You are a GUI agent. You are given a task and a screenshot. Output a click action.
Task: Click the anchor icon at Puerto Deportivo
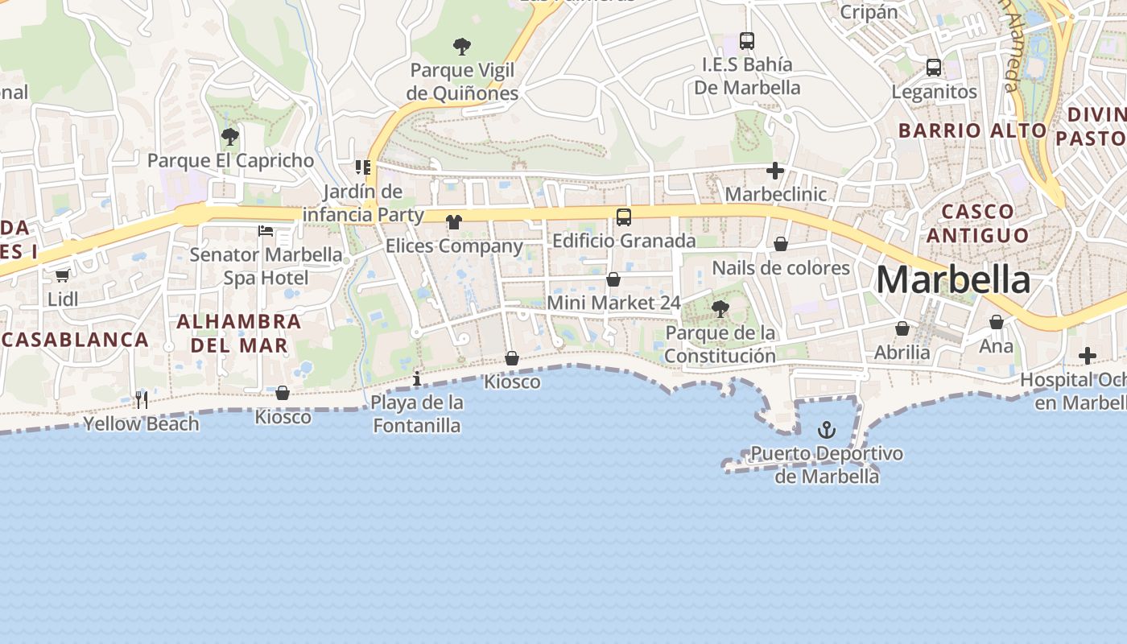point(827,430)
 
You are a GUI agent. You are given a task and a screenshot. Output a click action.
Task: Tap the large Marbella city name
point(952,280)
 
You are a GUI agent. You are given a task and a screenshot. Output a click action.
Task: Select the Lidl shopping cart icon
point(62,276)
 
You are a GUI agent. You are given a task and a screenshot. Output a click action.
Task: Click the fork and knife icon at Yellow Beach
point(142,400)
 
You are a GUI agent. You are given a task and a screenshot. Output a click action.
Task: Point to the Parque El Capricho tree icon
point(230,137)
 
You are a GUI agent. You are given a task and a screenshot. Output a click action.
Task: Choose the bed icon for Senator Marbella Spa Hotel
point(266,232)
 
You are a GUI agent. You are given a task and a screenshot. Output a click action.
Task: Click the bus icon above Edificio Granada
point(624,217)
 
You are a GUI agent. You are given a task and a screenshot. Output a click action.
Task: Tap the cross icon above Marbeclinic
point(775,171)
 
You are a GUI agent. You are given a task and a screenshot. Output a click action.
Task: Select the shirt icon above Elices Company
point(454,222)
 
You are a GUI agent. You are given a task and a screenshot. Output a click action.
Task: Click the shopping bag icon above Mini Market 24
point(613,279)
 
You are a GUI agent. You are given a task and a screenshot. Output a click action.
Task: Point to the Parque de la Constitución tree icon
point(720,308)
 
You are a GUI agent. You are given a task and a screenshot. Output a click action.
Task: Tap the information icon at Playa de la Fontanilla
point(417,378)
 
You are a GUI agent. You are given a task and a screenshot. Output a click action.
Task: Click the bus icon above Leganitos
point(934,68)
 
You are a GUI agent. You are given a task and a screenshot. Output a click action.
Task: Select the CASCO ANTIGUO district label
point(977,223)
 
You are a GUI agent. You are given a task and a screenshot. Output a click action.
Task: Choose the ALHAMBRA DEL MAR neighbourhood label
point(238,333)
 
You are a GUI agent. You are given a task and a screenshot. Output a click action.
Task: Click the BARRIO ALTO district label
point(972,130)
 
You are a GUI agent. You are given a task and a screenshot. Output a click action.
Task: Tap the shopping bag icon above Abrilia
point(902,328)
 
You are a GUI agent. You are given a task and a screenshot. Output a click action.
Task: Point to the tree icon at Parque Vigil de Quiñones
point(462,47)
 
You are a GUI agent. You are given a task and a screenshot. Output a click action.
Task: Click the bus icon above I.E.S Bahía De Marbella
point(747,40)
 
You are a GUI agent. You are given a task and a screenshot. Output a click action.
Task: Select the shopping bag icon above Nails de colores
point(781,244)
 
